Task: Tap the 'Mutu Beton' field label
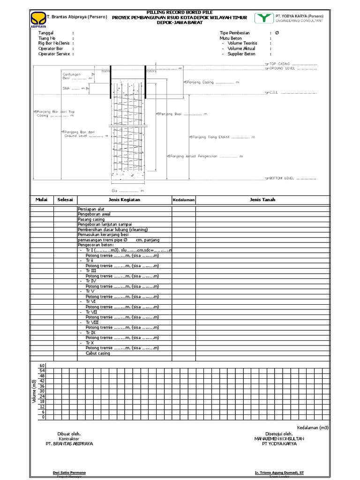click(231, 38)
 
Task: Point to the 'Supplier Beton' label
click(241, 54)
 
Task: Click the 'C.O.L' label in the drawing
click(274, 92)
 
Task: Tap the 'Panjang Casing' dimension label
click(200, 82)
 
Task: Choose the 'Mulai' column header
click(42, 200)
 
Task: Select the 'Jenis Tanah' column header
click(262, 200)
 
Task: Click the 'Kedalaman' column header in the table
click(183, 200)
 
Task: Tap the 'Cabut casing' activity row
click(97, 353)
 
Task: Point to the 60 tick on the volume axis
click(42, 366)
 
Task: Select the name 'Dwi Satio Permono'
click(69, 473)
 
